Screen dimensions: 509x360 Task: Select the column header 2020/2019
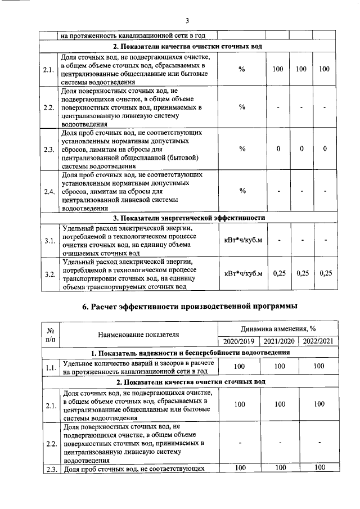[238, 341]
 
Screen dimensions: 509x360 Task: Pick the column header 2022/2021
[318, 341]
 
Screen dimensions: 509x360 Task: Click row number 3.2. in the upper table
[49, 274]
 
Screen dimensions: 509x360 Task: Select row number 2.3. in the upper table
[49, 149]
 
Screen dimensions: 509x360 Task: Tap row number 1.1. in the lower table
[50, 367]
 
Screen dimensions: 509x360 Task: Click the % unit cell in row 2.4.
[242, 191]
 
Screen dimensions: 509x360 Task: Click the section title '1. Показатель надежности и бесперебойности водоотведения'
[190, 353]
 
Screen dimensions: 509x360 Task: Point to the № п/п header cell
[50, 335]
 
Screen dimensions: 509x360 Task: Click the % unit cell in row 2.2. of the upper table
[242, 107]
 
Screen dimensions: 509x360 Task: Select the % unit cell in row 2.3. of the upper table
[242, 149]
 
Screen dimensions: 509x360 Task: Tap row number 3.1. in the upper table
[49, 241]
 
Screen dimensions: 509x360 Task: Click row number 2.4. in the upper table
[49, 191]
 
